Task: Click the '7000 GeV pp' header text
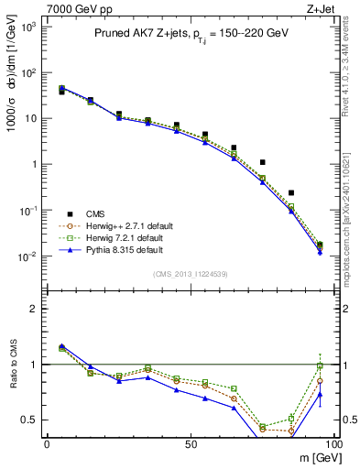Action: pos(76,8)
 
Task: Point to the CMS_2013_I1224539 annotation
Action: pos(190,272)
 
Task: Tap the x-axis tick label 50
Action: pos(191,443)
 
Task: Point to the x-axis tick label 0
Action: pos(47,443)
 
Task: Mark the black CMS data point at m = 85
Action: pos(291,193)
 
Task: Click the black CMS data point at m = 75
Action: pos(263,162)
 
